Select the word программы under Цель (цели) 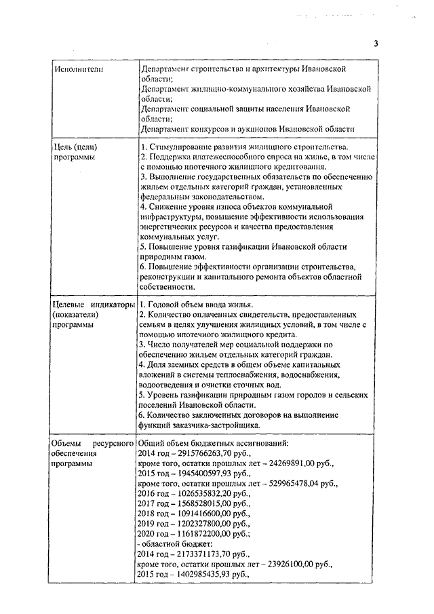(x=73, y=157)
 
